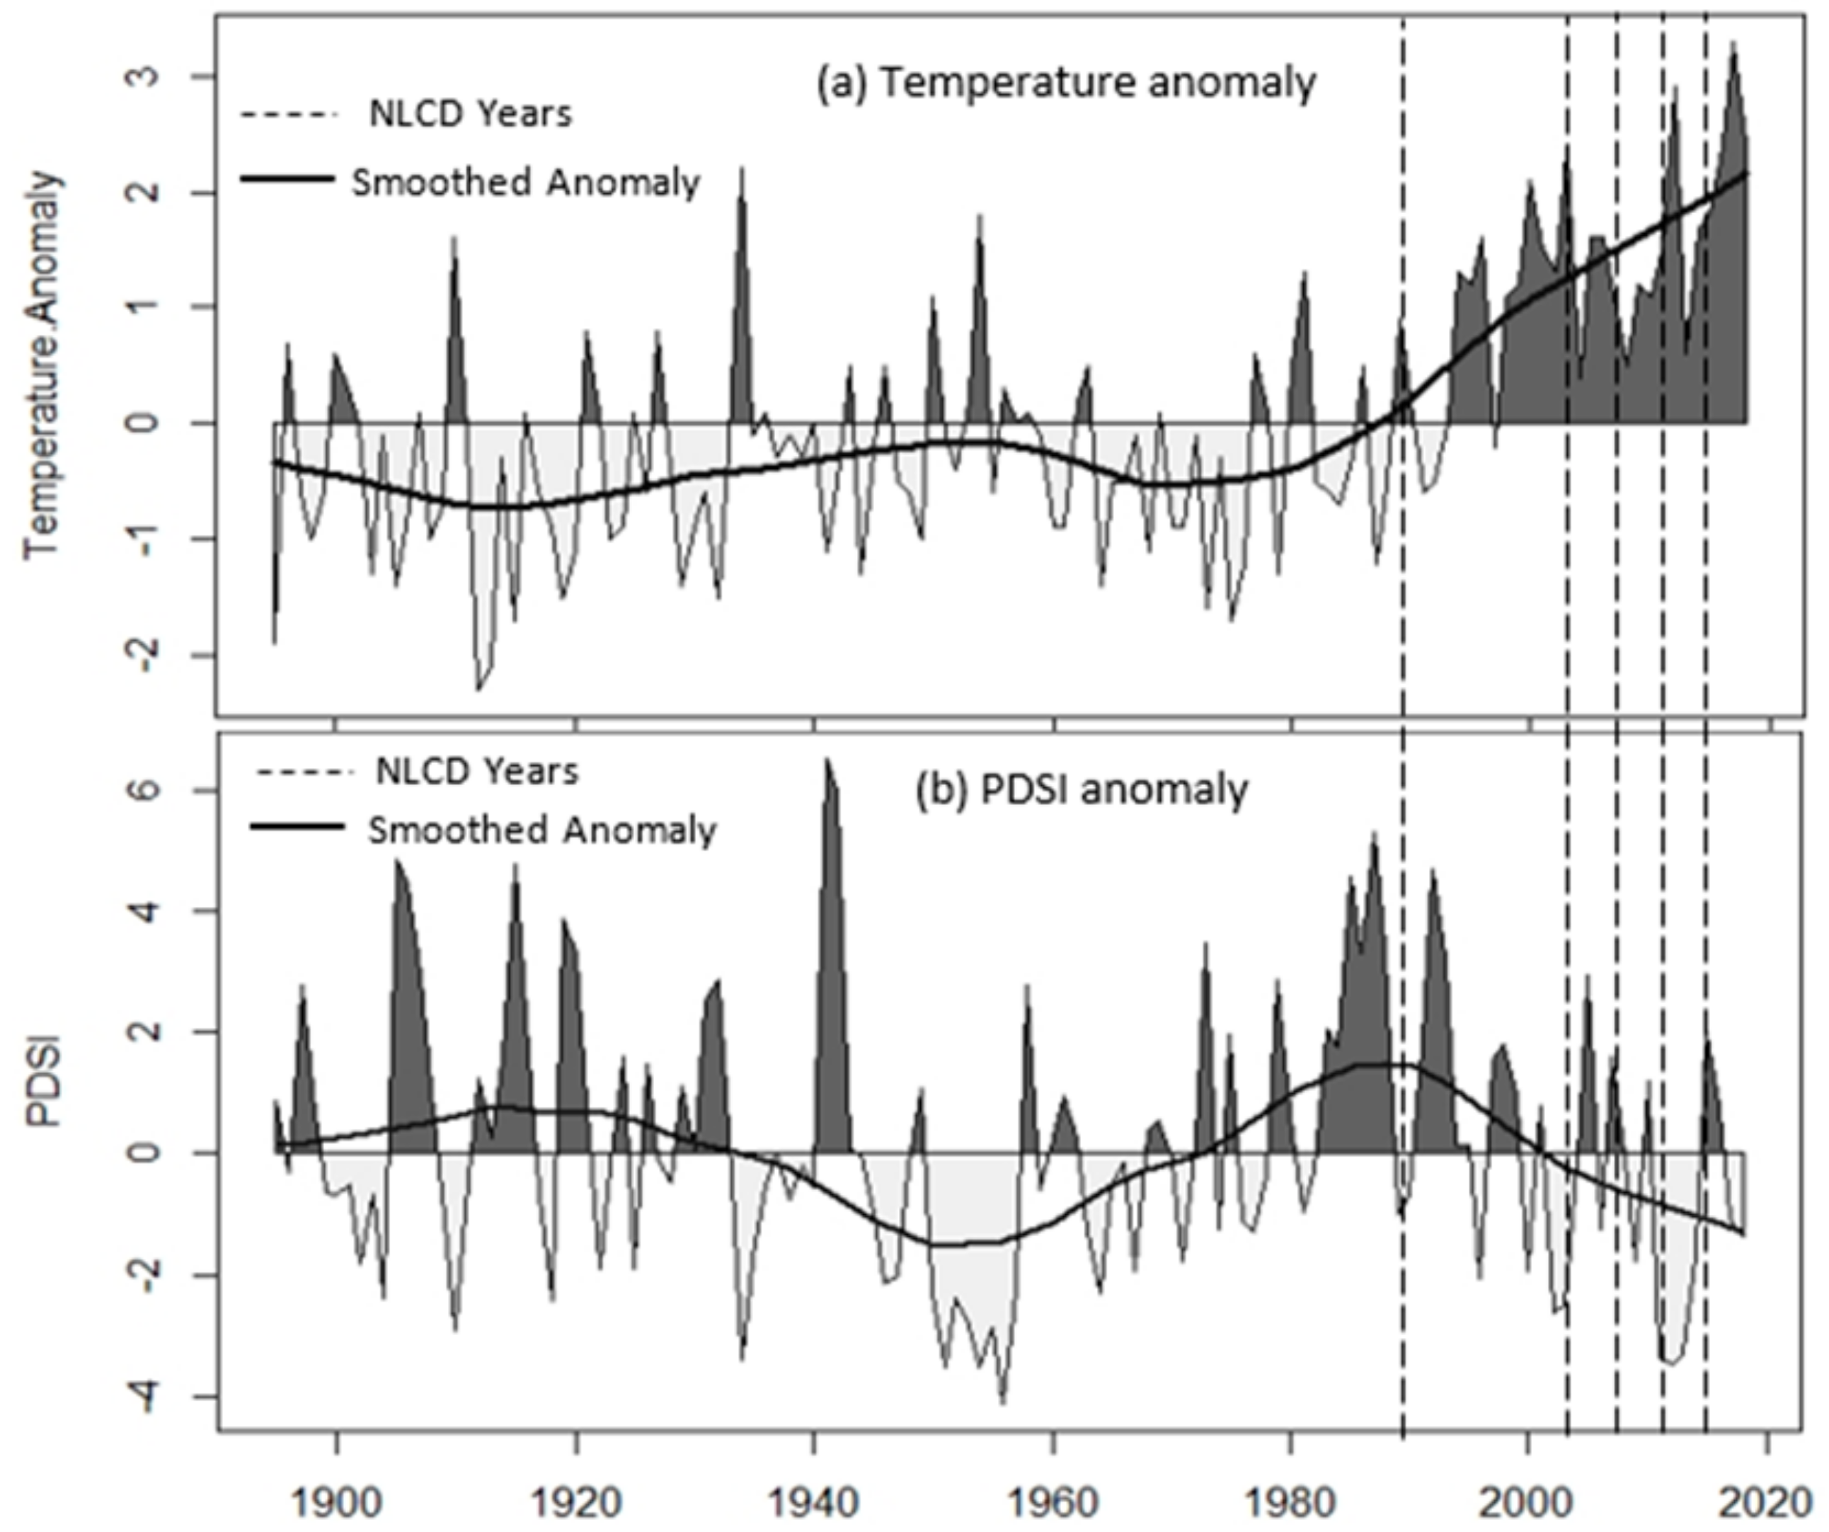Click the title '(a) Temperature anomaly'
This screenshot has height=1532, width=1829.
[1065, 84]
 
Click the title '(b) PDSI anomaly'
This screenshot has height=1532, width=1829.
[1081, 790]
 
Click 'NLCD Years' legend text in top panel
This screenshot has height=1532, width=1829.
[470, 114]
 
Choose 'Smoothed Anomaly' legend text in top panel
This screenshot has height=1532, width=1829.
[525, 183]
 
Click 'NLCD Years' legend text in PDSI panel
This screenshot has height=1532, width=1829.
[476, 772]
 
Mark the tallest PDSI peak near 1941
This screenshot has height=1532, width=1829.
[828, 761]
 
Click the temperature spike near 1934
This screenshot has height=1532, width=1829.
[741, 170]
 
